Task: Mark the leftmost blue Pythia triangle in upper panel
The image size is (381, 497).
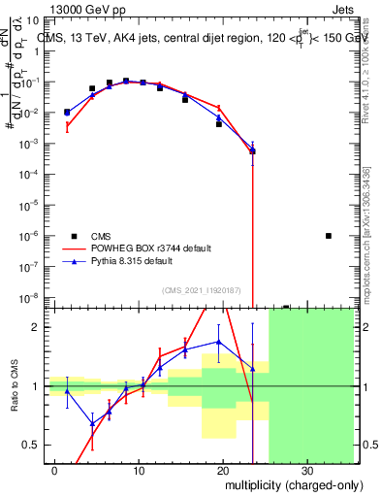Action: point(67,113)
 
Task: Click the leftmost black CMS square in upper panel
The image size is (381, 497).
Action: point(67,112)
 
